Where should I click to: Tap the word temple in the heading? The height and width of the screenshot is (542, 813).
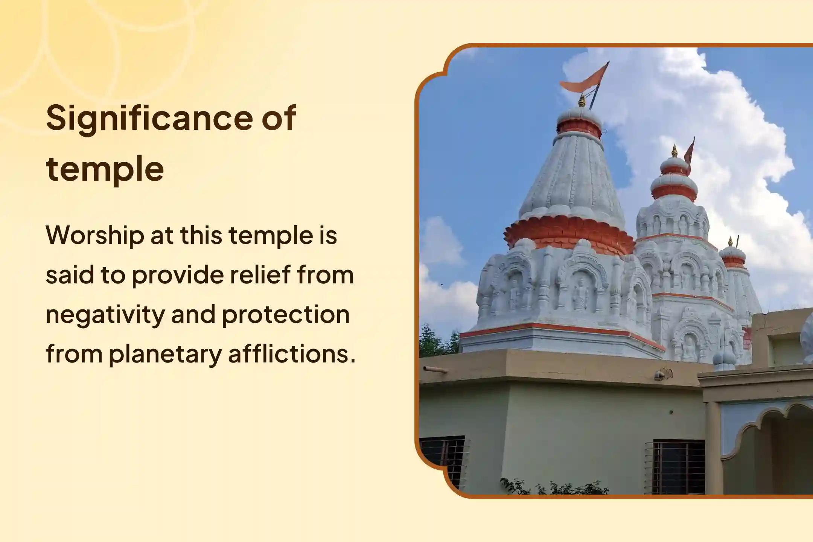coord(105,169)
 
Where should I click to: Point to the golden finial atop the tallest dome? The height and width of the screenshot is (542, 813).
coord(582,101)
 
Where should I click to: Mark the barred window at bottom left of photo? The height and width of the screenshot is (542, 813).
coord(443,461)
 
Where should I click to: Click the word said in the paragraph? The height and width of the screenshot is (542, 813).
coord(69,275)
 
